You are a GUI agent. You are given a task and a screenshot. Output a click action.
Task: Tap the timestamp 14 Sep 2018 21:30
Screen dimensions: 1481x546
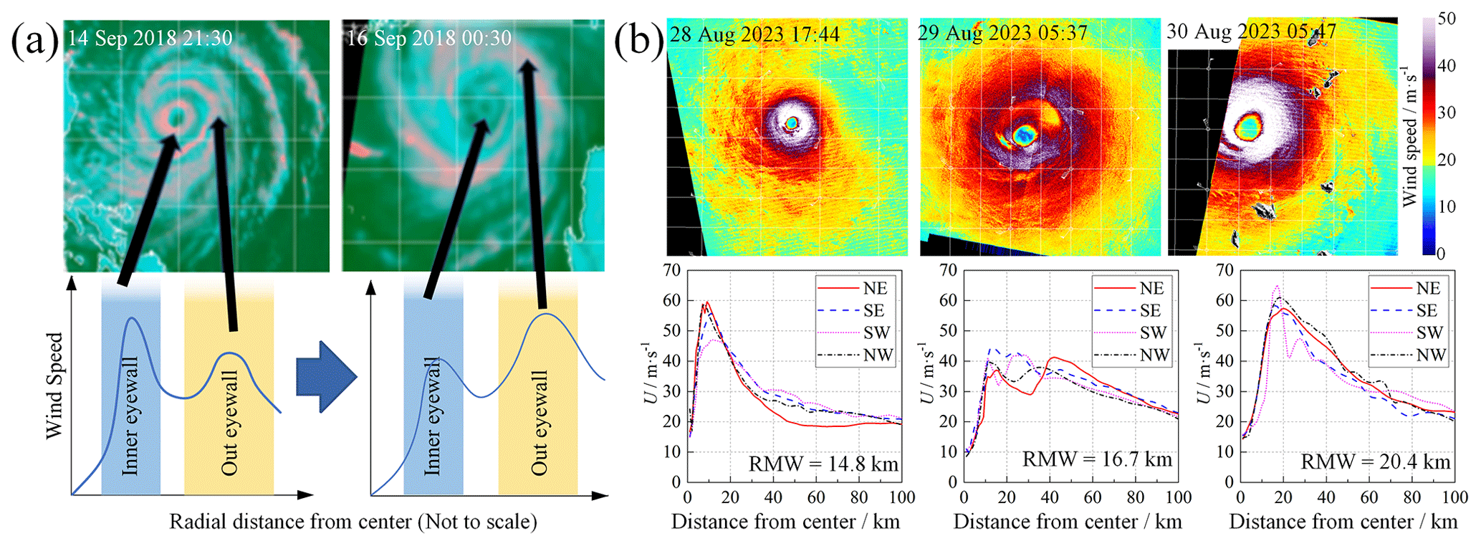[x=150, y=38]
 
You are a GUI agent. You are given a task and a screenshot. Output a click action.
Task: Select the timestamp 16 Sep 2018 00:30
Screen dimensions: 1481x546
[x=429, y=37]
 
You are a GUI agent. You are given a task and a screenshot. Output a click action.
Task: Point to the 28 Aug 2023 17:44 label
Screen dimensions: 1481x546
[x=754, y=34]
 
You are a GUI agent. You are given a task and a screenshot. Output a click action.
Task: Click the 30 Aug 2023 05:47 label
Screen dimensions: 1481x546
[x=1252, y=32]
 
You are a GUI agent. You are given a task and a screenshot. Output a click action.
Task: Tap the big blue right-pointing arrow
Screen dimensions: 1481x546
[x=326, y=376]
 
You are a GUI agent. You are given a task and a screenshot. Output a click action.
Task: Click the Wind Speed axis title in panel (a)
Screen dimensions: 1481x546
[x=54, y=385]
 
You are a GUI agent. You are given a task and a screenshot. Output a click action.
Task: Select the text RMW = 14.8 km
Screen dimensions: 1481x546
[x=823, y=464]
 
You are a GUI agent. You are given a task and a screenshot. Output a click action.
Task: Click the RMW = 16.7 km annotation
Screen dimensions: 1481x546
[x=1097, y=459]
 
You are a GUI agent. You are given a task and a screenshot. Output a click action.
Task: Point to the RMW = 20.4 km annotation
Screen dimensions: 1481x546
[x=1376, y=462]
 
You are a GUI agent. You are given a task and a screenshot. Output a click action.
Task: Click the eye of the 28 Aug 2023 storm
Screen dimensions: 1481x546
[x=792, y=123]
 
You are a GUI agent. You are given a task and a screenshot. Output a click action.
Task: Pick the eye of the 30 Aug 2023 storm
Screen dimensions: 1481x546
[x=1250, y=128]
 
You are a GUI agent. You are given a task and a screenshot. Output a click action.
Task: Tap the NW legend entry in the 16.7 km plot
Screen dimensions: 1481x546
[x=1131, y=355]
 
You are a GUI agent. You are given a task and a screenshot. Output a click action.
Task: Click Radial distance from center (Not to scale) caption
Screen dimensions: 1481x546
[x=353, y=522]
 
